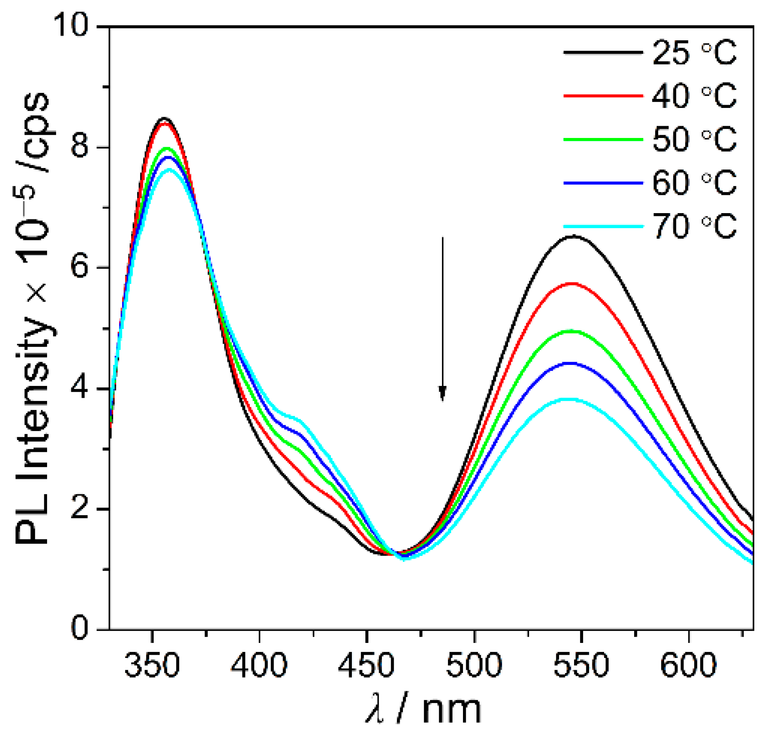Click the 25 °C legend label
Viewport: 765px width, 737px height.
[x=694, y=53]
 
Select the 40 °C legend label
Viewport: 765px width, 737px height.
[x=694, y=96]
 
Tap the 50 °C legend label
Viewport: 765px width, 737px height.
[x=694, y=140]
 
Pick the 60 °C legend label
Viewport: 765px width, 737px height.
[x=694, y=183]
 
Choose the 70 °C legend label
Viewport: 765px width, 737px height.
[x=694, y=226]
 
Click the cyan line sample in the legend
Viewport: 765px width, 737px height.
[x=603, y=227]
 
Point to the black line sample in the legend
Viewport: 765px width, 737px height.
[x=603, y=52]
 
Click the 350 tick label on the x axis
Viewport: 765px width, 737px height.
[x=152, y=665]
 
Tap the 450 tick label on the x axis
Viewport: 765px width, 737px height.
[x=366, y=665]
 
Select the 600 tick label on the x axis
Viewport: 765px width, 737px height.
[x=688, y=665]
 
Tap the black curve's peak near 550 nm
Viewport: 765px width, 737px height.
[x=574, y=236]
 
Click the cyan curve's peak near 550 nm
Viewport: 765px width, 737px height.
[x=569, y=399]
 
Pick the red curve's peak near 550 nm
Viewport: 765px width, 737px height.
[x=572, y=283]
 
